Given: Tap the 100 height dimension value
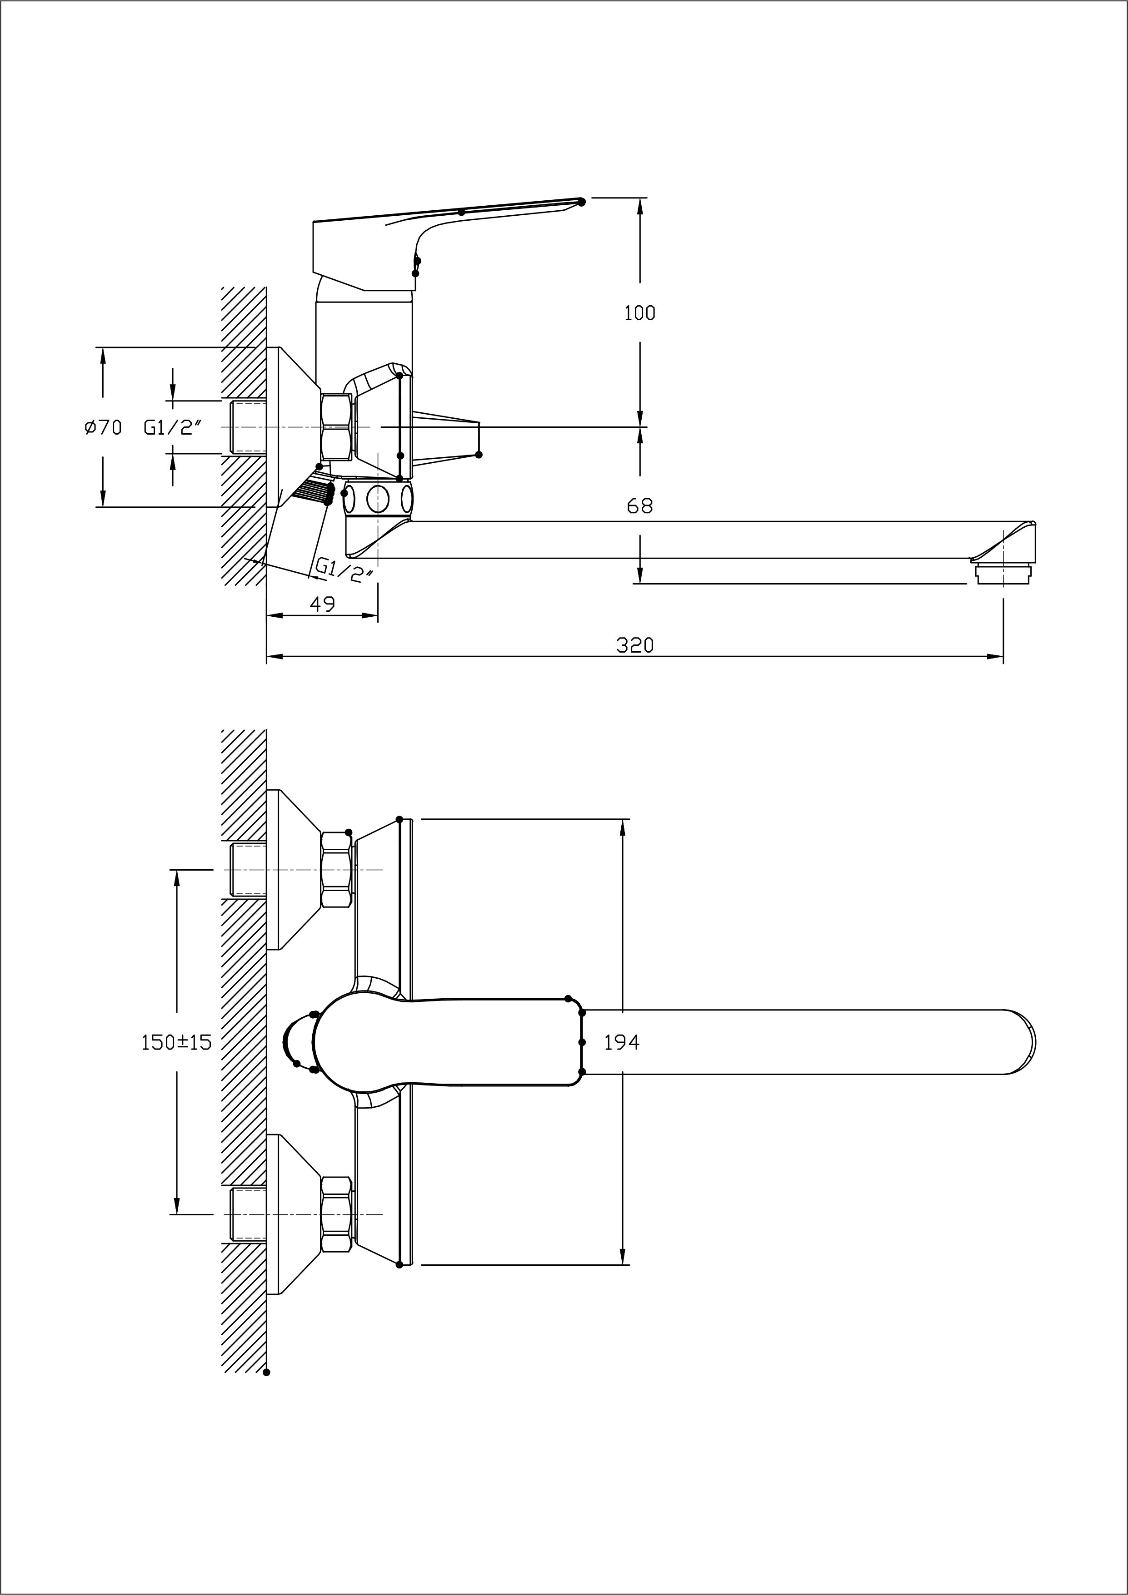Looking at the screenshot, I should pyautogui.click(x=639, y=313).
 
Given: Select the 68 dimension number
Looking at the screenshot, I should pyautogui.click(x=639, y=506).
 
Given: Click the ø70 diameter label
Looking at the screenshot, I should pyautogui.click(x=103, y=427).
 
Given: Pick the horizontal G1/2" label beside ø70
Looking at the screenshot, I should pyautogui.click(x=172, y=427).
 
